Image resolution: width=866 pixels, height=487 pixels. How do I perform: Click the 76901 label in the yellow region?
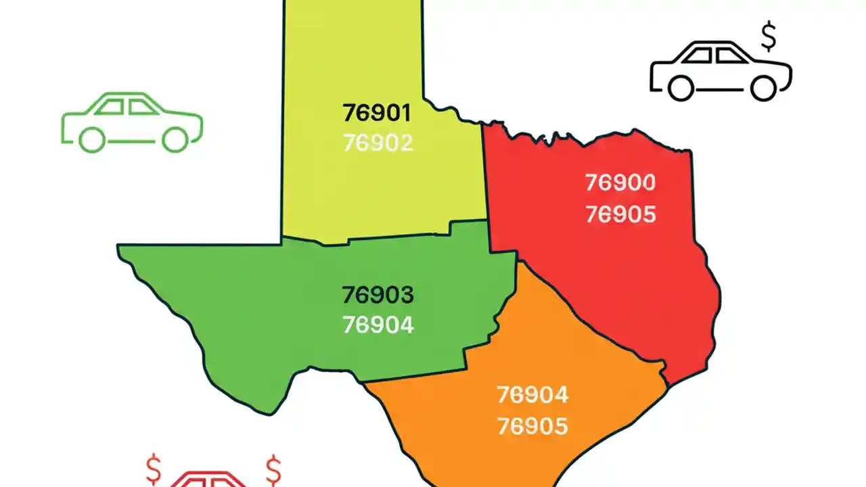[x=377, y=112]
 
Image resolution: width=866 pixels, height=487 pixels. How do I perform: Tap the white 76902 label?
[x=378, y=143]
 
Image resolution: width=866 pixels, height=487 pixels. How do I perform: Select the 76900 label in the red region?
[x=620, y=183]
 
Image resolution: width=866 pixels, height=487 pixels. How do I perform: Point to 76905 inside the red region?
[x=620, y=214]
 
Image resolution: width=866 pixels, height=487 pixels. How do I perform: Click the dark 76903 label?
[x=378, y=295]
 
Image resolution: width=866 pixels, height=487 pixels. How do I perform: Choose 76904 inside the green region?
[x=378, y=325]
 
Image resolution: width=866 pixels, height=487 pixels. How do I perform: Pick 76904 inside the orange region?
[x=532, y=394]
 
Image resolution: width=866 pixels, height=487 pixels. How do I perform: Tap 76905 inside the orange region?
[x=532, y=426]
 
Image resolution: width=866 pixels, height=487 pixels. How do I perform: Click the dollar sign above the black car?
[x=769, y=38]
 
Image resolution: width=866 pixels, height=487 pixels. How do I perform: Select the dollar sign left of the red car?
[x=154, y=467]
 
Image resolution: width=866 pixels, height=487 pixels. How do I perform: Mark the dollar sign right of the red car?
[x=273, y=467]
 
